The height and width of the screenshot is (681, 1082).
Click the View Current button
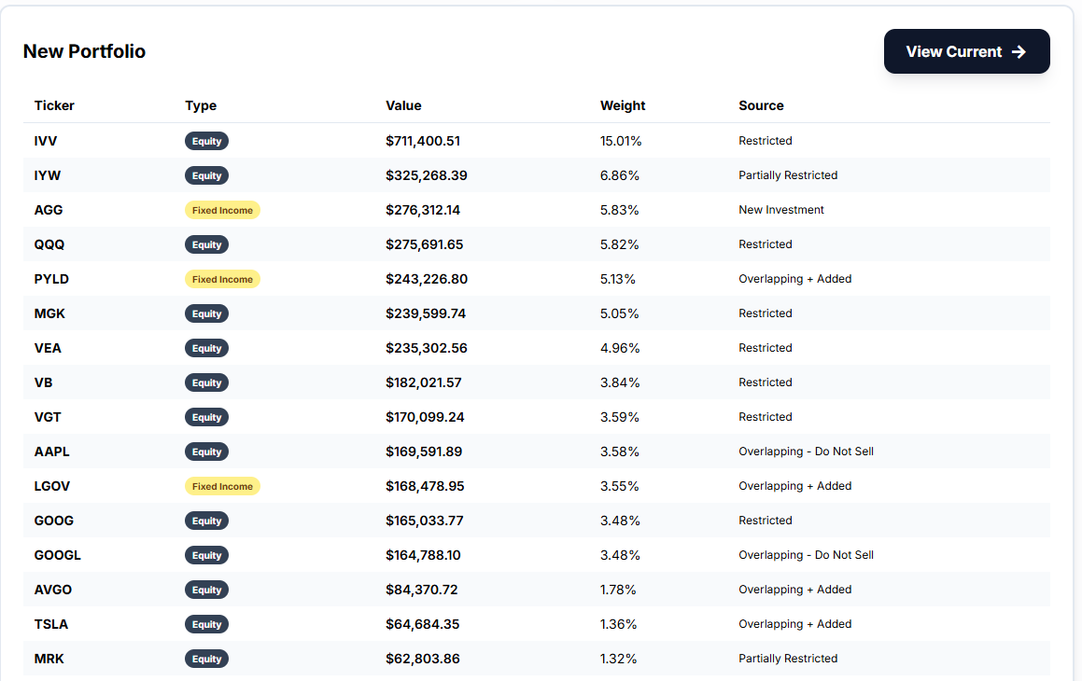966,51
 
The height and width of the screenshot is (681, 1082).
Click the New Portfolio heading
84,51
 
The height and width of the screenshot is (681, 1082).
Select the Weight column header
623,105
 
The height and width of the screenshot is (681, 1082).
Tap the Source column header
761,105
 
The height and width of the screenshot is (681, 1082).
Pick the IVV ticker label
46,141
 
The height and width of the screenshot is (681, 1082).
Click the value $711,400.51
423,141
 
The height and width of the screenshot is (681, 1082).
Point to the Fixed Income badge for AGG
222,210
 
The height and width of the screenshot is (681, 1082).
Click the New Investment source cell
781,210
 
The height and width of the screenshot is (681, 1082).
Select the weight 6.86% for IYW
620,175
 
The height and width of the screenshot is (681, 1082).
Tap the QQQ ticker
49,244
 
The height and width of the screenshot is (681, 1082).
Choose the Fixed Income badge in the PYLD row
222,279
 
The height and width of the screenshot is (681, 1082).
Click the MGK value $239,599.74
426,313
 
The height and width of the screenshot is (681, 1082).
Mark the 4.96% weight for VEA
620,348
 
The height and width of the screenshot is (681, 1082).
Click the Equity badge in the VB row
206,382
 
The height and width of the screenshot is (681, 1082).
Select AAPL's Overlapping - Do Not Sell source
806,452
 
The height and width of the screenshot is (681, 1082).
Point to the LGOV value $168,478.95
425,486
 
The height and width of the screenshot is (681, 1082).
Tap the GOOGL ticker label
58,555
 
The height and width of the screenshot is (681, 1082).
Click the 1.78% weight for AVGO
618,590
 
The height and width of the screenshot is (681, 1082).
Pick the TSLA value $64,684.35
422,624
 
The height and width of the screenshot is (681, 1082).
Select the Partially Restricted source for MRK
788,659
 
